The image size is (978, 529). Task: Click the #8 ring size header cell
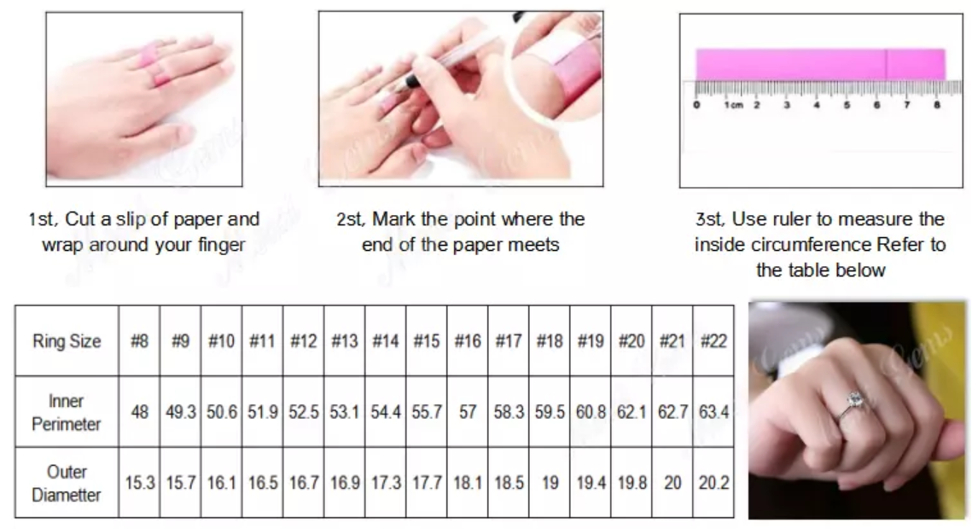pyautogui.click(x=139, y=341)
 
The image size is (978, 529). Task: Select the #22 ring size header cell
pyautogui.click(x=713, y=341)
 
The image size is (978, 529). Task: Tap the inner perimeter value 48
pyautogui.click(x=139, y=412)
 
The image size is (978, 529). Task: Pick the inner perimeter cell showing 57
pyautogui.click(x=468, y=412)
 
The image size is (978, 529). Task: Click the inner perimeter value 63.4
pyautogui.click(x=713, y=412)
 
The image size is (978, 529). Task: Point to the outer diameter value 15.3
pyautogui.click(x=139, y=483)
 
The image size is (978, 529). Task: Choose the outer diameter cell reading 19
pyautogui.click(x=550, y=483)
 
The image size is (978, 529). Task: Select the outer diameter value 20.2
pyautogui.click(x=713, y=483)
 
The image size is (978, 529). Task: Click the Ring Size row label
pyautogui.click(x=67, y=341)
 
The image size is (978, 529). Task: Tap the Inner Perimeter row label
pyautogui.click(x=66, y=412)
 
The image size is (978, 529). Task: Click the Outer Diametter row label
pyautogui.click(x=66, y=484)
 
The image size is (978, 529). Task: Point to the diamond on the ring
pyautogui.click(x=854, y=398)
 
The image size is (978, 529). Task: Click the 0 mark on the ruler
pyautogui.click(x=696, y=105)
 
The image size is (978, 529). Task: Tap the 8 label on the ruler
pyautogui.click(x=936, y=105)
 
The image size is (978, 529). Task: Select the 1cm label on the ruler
pyautogui.click(x=734, y=105)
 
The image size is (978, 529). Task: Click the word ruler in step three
pyautogui.click(x=790, y=219)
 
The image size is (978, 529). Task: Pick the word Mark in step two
pyautogui.click(x=394, y=219)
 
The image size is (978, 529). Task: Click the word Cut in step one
pyautogui.click(x=80, y=219)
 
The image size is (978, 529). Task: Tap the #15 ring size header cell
pyautogui.click(x=427, y=341)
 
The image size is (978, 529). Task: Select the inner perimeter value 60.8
pyautogui.click(x=591, y=412)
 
